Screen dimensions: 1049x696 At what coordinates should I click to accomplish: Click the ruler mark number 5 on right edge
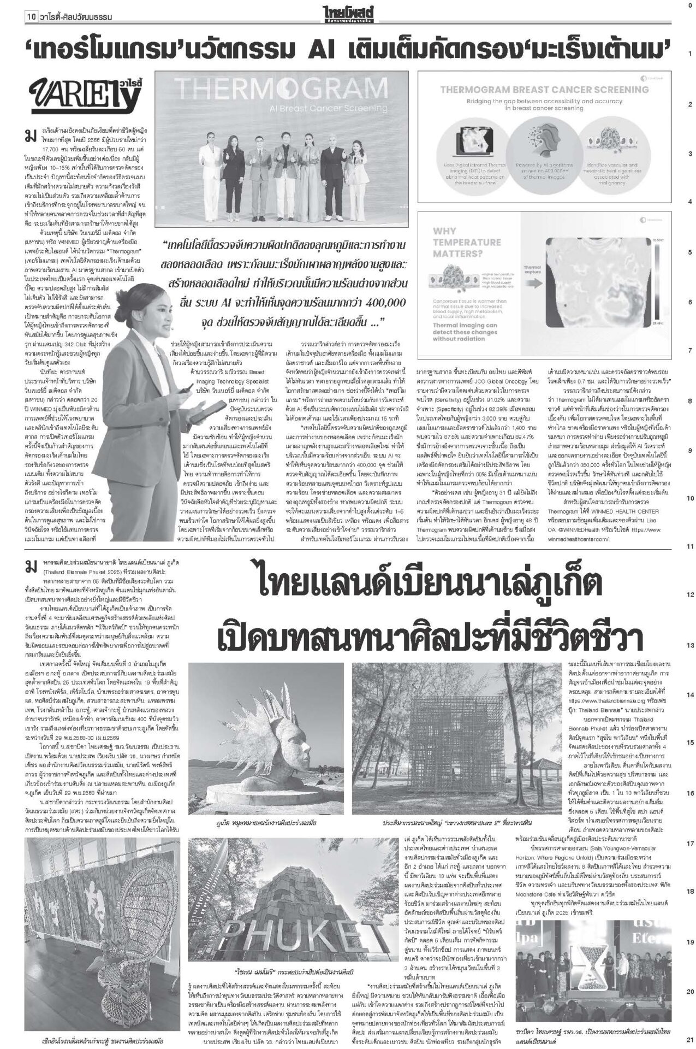pos(689,251)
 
